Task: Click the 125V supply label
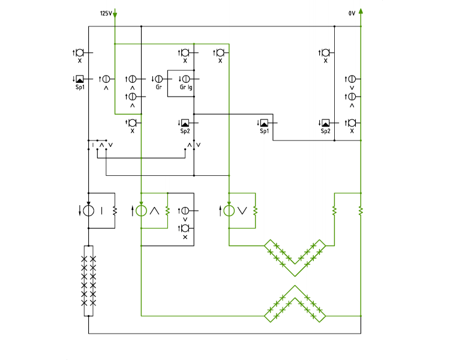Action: point(106,13)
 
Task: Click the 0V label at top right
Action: point(352,13)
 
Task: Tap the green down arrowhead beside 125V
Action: point(115,14)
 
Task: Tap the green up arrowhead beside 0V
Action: point(361,11)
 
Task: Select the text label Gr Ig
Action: point(185,87)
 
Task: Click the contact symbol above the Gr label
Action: point(159,79)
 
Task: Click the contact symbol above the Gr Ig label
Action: point(186,79)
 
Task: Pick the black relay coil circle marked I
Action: point(88,211)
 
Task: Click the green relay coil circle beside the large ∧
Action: point(141,211)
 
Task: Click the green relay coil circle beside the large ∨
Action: point(229,211)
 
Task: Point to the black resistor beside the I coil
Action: point(115,211)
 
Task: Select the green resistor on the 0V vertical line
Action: point(361,211)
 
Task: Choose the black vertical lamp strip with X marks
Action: point(88,281)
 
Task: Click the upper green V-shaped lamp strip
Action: point(295,258)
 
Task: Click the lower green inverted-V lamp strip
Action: point(295,304)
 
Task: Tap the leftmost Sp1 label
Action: point(80,87)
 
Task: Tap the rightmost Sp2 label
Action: point(325,131)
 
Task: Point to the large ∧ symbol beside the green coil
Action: point(154,211)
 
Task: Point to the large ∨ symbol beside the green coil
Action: point(242,211)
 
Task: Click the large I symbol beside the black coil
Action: point(101,211)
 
